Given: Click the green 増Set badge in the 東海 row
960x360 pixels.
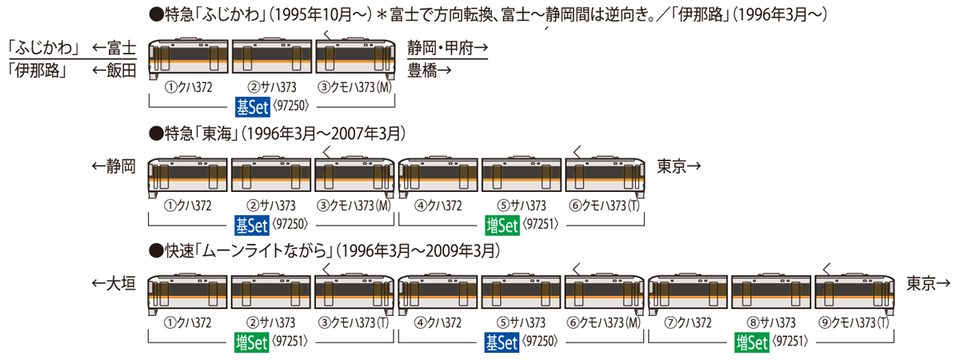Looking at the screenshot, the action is click(502, 226).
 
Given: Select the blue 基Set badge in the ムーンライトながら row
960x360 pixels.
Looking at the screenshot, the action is click(502, 342).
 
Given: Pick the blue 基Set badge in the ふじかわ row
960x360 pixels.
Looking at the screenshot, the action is click(253, 106).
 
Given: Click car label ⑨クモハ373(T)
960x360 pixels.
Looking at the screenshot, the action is click(854, 322).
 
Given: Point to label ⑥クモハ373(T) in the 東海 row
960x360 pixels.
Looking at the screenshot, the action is click(604, 206).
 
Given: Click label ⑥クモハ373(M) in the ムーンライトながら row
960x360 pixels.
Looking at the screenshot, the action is click(603, 322).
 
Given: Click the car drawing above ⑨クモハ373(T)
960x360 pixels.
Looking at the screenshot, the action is click(854, 293).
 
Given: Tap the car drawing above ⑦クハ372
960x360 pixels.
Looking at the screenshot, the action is click(688, 293).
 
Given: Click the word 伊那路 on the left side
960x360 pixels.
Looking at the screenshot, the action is click(38, 70).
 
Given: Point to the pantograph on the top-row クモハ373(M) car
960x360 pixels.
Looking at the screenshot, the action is click(327, 35).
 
